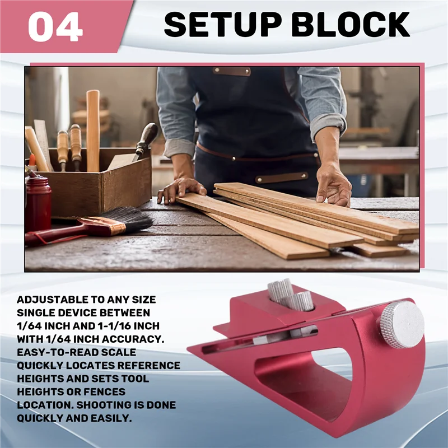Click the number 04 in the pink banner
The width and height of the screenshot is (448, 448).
pyautogui.click(x=55, y=26)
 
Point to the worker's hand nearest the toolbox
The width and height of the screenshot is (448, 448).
pyautogui.click(x=180, y=189)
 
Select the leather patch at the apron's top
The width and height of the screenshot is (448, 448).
pyautogui.click(x=231, y=71)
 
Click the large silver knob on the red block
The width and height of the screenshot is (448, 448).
pyautogui.click(x=400, y=324)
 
